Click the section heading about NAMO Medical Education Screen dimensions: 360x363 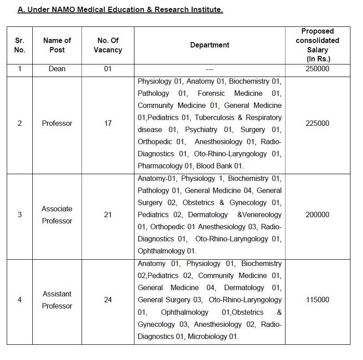tap(120, 9)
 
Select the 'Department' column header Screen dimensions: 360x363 tap(209, 45)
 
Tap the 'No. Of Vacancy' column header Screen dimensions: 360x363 tap(108, 45)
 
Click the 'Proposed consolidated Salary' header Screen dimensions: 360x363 tap(317, 45)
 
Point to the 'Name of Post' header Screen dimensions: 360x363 tap(57, 45)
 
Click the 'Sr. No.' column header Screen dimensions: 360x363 tap(20, 45)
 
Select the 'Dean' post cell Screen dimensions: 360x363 tap(57, 69)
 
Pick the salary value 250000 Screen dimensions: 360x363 tap(317, 69)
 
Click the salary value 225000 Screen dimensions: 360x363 tap(317, 124)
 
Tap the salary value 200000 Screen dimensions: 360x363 tap(317, 215)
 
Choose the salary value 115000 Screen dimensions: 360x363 tap(317, 300)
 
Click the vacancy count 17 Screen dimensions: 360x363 tap(108, 124)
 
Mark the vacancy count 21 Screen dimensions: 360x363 tap(108, 215)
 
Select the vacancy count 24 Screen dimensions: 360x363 tap(108, 300)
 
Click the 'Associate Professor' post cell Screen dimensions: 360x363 tap(57, 215)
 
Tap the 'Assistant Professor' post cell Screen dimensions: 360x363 tap(57, 300)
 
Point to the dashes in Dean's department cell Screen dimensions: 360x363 tap(209, 69)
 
